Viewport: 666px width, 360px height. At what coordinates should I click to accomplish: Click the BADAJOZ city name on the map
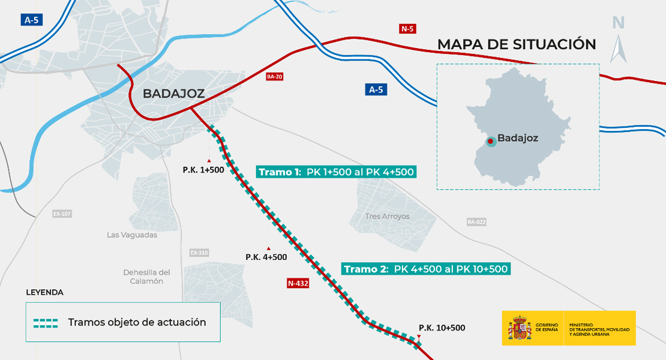tap(173, 94)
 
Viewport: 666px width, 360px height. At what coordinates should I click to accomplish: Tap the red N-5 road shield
tap(407, 28)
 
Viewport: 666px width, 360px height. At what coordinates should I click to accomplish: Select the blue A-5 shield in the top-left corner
tap(31, 20)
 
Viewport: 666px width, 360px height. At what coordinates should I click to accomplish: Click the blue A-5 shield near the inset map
tap(376, 89)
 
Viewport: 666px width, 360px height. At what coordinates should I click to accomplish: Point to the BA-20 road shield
tap(274, 77)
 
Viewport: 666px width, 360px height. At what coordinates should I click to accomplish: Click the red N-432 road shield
tap(298, 284)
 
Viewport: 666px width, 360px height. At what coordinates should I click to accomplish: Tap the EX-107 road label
tap(62, 214)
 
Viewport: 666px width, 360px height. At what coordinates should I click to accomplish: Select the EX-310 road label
tap(199, 253)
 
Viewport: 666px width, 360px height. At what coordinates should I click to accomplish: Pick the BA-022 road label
tap(476, 222)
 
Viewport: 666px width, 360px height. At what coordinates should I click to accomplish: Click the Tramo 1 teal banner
tap(336, 172)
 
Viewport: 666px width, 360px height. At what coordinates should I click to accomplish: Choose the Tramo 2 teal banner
tap(425, 269)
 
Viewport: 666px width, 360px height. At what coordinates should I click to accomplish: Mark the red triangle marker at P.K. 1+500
tap(209, 160)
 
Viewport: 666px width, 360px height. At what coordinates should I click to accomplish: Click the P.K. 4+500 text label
tap(266, 257)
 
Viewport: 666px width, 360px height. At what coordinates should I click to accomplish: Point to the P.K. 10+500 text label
tap(442, 328)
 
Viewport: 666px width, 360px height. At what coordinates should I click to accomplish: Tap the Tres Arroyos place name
tap(387, 216)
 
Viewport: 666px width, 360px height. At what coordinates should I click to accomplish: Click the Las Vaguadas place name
tap(132, 235)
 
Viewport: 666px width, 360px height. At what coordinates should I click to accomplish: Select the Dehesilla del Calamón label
tap(147, 277)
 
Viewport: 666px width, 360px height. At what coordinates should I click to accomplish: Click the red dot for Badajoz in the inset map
tap(491, 139)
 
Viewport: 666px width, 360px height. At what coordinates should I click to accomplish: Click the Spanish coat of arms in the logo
tap(520, 328)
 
